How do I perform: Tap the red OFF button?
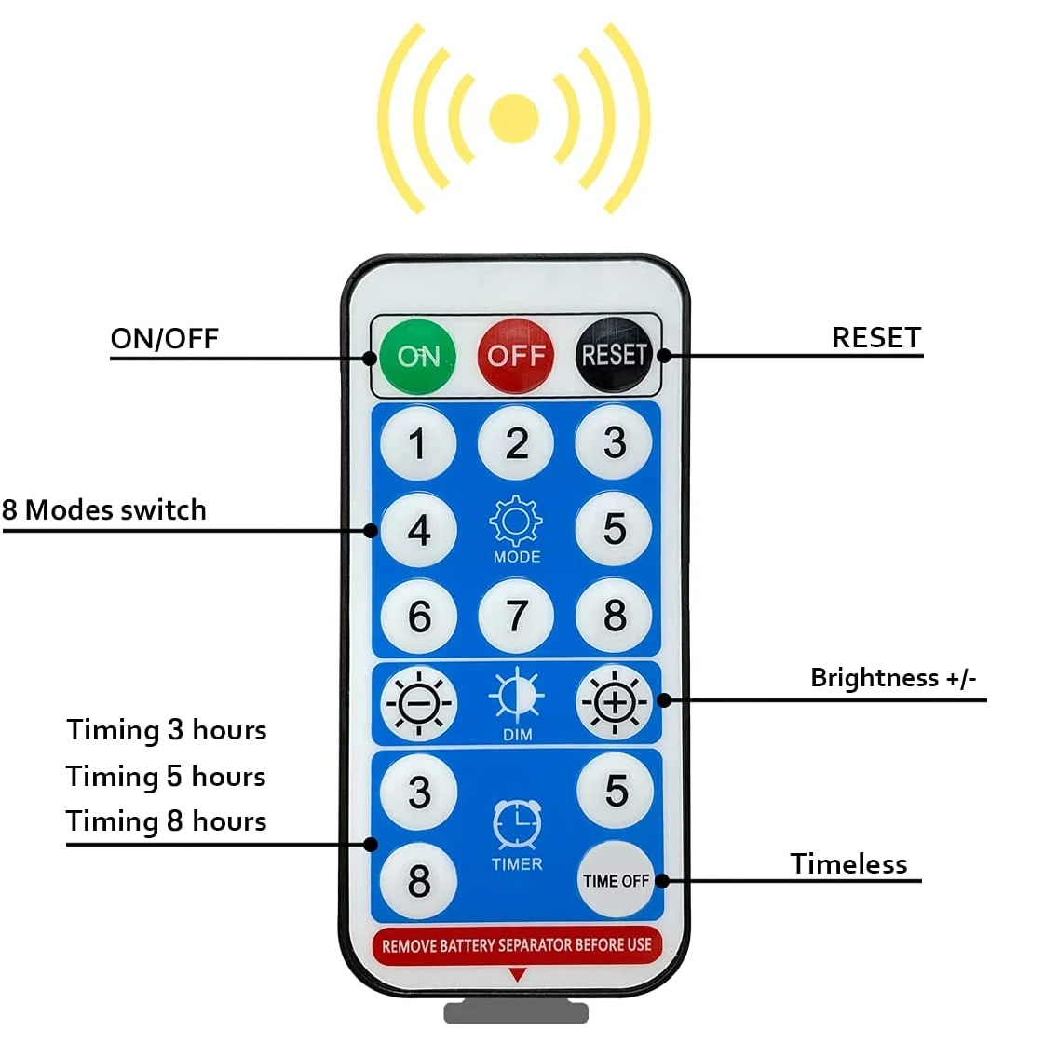coord(515,355)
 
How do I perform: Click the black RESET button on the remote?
coord(614,355)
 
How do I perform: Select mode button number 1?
coord(418,443)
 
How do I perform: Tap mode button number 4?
coord(418,530)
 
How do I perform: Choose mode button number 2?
coord(516,443)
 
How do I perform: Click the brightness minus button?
coord(419,703)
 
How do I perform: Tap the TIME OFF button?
coord(615,880)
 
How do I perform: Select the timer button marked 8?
coord(418,880)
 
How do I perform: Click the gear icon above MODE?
coord(516,522)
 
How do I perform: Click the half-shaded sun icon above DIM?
coord(517,696)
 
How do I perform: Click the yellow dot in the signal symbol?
coord(513,118)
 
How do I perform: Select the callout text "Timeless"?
coord(848,864)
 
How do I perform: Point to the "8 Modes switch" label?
coord(103,510)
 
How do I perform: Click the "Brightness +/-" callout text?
coord(893,677)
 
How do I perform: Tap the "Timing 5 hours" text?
coord(166,776)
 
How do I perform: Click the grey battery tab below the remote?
coord(516,1011)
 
